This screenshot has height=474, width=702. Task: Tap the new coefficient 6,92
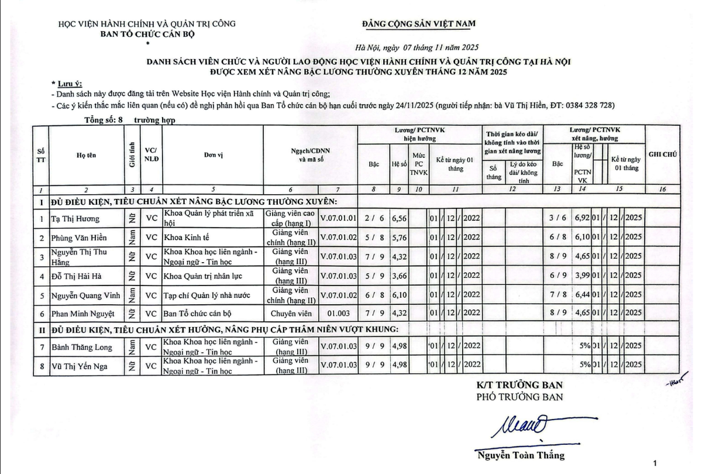tap(583, 219)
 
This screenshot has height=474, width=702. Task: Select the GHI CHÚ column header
tap(662, 154)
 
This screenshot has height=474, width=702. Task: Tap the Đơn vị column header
tap(213, 155)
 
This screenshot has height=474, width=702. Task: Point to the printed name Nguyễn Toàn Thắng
tap(521, 456)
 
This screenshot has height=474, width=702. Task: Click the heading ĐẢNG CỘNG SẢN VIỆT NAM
tap(419, 23)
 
